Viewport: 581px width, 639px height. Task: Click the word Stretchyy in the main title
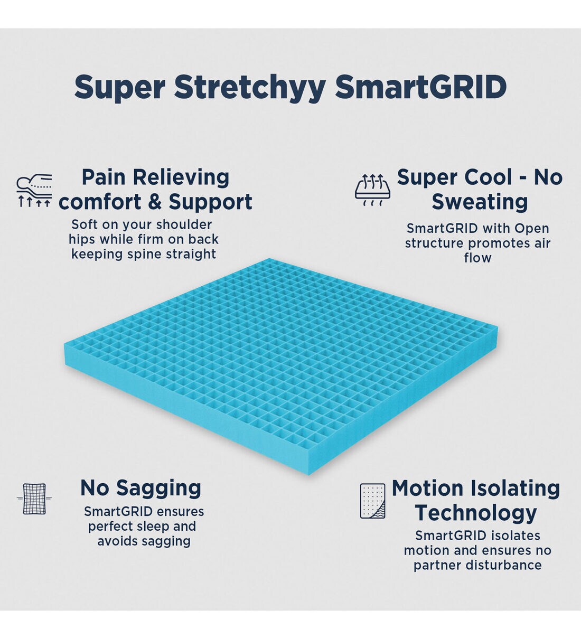(x=249, y=87)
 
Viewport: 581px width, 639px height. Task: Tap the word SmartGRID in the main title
(x=421, y=87)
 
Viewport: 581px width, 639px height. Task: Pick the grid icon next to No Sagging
(x=34, y=499)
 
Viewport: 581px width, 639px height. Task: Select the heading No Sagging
(x=140, y=488)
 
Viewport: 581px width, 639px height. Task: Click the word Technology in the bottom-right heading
(x=476, y=513)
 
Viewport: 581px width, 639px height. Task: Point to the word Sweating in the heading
(x=480, y=202)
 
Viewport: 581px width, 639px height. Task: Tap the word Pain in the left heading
(x=104, y=177)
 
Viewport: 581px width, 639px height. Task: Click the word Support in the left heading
(x=211, y=202)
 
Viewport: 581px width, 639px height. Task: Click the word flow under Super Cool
(x=477, y=258)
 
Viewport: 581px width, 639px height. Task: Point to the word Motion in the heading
(x=427, y=488)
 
